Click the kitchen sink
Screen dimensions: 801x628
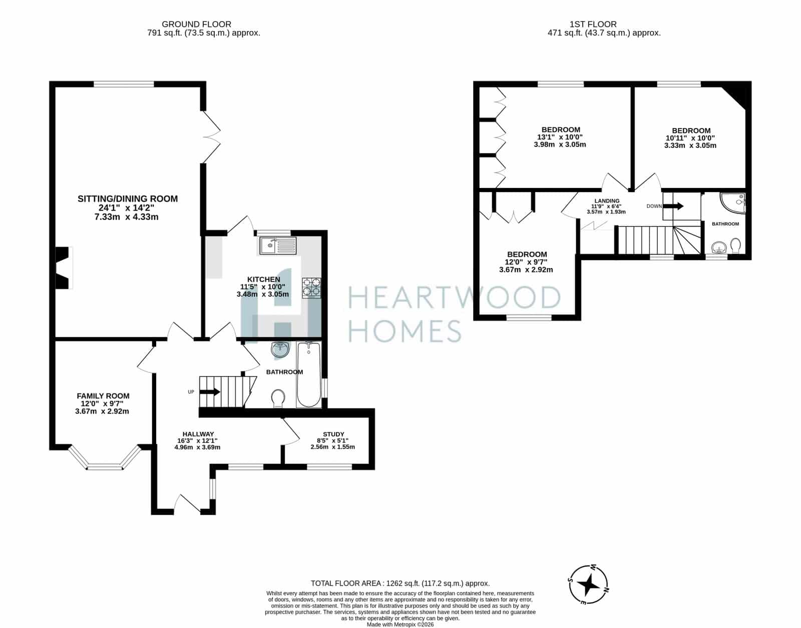coord(278,245)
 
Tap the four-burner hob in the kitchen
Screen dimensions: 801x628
coord(311,288)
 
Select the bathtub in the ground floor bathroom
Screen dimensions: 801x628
coord(308,374)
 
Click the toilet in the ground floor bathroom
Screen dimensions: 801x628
coord(278,398)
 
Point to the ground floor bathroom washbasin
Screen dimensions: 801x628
coord(280,349)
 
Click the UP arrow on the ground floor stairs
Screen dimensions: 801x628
coord(210,392)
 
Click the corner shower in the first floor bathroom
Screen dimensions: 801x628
coord(733,202)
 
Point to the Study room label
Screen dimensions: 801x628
coord(333,434)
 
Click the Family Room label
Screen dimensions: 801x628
coord(103,396)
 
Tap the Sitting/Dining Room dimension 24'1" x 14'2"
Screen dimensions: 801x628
coord(126,208)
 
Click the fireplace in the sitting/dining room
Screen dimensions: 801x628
coord(63,267)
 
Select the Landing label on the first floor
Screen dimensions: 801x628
coord(607,201)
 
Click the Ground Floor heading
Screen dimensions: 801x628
coord(196,24)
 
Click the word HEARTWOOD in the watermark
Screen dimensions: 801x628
coord(454,298)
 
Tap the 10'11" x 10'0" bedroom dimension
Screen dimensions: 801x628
coord(690,138)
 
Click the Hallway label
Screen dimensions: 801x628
coord(198,434)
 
